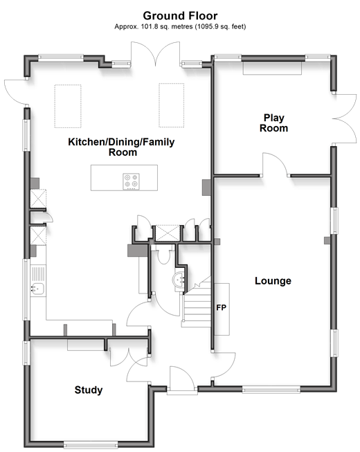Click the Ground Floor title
[x=180, y=15]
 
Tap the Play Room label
[x=273, y=123]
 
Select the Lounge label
[x=273, y=281]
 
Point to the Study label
[x=89, y=390]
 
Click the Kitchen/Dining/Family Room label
[x=121, y=147]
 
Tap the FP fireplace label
[x=222, y=308]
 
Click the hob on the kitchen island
[x=131, y=181]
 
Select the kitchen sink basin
[x=38, y=289]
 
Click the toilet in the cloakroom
[x=163, y=255]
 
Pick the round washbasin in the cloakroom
[x=179, y=280]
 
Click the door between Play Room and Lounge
[x=275, y=165]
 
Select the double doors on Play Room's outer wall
[x=344, y=118]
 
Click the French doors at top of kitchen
[x=156, y=54]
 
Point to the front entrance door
[x=182, y=379]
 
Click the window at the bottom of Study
[x=91, y=444]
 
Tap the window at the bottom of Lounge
[x=271, y=390]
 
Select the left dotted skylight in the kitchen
[x=68, y=106]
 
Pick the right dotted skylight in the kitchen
[x=171, y=105]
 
